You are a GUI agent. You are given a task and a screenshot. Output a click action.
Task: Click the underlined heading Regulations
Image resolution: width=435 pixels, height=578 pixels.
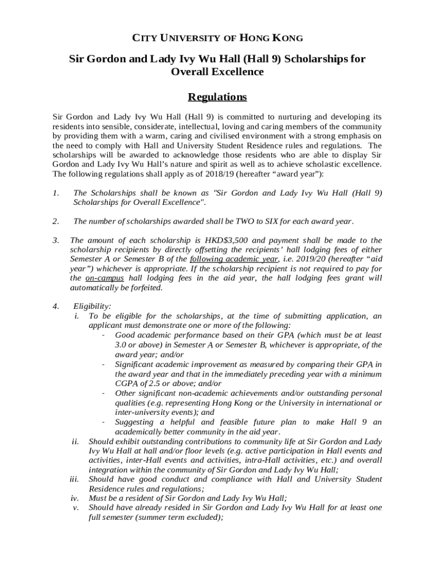(217, 97)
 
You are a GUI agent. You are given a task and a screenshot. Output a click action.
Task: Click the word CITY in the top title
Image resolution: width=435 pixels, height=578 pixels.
(143, 38)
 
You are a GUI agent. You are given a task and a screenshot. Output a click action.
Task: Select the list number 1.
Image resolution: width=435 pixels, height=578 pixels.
(55, 192)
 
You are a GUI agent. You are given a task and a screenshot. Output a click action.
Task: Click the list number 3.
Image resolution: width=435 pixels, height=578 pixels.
(55, 240)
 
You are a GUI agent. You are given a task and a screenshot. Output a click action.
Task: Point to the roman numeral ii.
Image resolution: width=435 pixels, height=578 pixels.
(75, 441)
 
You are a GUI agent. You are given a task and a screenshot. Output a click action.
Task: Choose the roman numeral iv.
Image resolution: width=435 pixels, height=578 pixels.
(75, 498)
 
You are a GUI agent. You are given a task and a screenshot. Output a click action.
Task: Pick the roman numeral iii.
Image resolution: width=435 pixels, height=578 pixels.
(73, 479)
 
